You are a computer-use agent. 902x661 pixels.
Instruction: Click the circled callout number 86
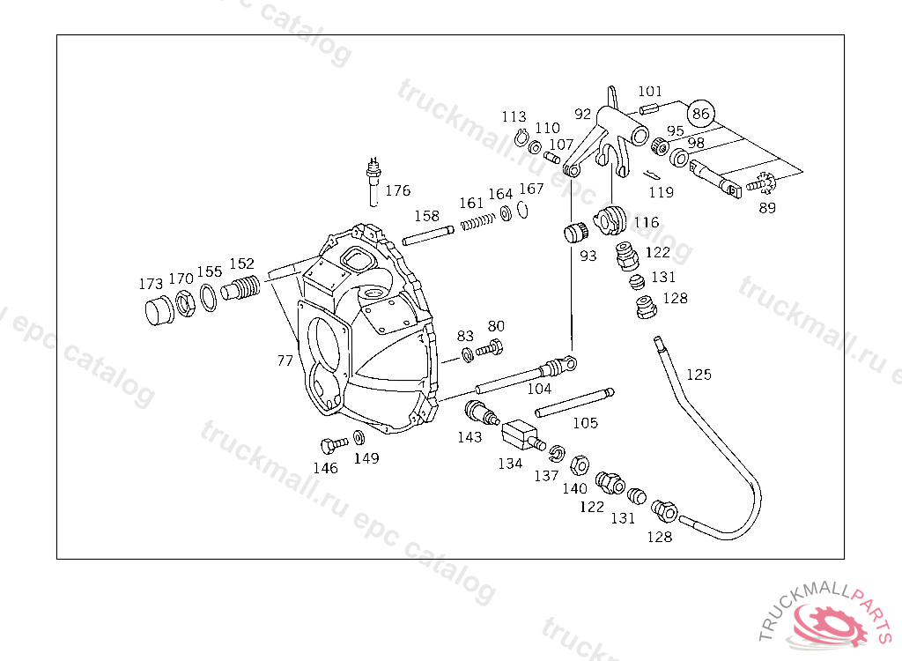(x=700, y=113)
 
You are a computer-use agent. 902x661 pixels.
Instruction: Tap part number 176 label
(x=397, y=190)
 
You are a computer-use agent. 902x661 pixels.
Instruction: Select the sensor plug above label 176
(x=373, y=172)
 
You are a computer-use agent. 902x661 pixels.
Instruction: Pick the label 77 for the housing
(x=285, y=360)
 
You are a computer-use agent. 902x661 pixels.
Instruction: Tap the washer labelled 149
(x=359, y=437)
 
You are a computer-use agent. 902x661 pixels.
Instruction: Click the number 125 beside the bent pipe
(x=699, y=375)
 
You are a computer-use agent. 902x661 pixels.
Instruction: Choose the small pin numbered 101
(x=651, y=108)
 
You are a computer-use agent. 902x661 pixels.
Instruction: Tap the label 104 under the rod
(x=539, y=389)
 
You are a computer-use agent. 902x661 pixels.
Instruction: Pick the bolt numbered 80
(x=490, y=349)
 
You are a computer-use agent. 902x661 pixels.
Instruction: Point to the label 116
(x=646, y=223)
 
